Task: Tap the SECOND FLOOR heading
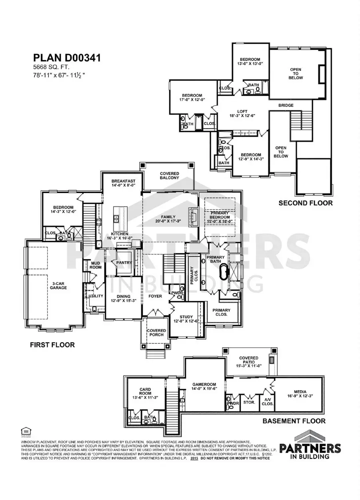tap(306, 203)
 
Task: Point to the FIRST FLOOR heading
tap(52, 345)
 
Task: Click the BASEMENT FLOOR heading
tap(294, 421)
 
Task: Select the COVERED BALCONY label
tap(169, 176)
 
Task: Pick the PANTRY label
tap(124, 263)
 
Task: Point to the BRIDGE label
tap(286, 106)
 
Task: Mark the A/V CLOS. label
tap(267, 402)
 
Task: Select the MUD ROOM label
tap(96, 265)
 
